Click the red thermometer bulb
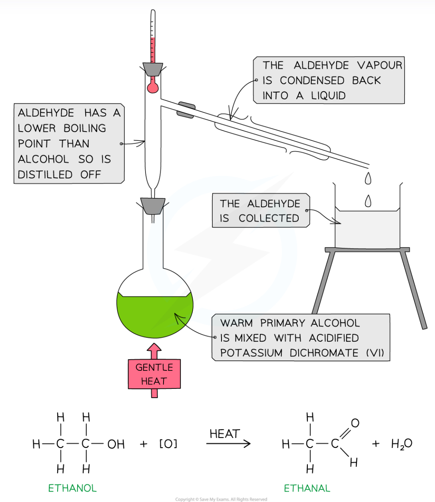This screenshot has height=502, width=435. click(x=152, y=87)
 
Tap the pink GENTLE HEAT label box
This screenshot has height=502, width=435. click(x=154, y=374)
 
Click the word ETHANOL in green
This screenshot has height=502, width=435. click(x=72, y=488)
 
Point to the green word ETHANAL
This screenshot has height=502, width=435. click(x=307, y=488)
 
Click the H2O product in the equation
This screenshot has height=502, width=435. click(x=401, y=444)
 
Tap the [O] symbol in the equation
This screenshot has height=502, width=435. click(x=168, y=444)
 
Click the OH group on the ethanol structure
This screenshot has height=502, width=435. click(x=116, y=444)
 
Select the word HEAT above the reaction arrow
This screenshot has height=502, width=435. click(x=225, y=434)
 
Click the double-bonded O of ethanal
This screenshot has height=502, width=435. click(x=355, y=423)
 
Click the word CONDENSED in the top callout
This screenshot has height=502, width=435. click(x=312, y=80)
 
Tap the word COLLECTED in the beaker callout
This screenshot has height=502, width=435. click(x=269, y=218)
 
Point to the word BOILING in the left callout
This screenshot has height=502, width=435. click(x=85, y=128)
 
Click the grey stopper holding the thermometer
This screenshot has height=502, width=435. click(x=153, y=69)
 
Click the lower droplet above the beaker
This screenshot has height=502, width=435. click(x=368, y=201)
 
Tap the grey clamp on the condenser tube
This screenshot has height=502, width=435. click(x=186, y=110)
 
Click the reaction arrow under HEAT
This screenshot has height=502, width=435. click(x=228, y=443)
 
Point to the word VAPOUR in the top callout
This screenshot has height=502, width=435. click(x=379, y=65)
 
